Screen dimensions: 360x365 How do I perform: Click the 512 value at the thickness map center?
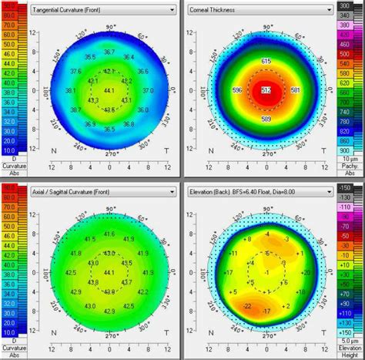point(267,90)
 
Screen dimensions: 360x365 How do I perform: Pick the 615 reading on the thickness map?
point(266,61)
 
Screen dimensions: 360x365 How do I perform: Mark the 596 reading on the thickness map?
point(237,90)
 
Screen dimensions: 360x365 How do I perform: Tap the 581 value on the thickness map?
point(296,90)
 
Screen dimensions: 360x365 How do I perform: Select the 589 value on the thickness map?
point(266,119)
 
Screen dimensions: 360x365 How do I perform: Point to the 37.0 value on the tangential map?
point(149,90)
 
